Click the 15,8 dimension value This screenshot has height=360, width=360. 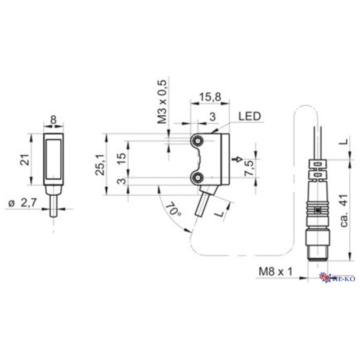point(209,98)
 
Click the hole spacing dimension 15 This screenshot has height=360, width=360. point(122,158)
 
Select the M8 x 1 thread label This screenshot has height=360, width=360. point(275,271)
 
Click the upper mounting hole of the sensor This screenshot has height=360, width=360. point(197,141)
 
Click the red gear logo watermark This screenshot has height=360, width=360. point(325,277)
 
